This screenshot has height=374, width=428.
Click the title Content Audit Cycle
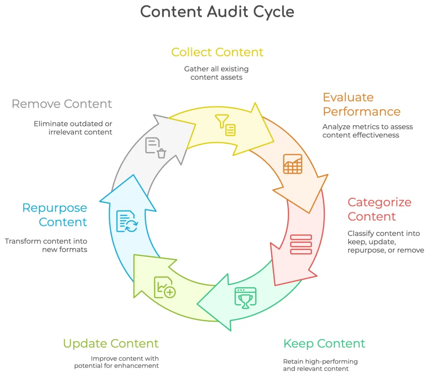[x=217, y=12]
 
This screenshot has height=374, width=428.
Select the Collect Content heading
[x=217, y=52]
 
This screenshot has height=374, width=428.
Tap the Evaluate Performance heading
[x=362, y=104]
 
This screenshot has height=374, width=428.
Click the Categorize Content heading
[x=380, y=210]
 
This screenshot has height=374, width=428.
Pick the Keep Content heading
[x=324, y=344]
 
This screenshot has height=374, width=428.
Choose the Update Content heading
[x=111, y=344]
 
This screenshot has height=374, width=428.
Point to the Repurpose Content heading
[x=55, y=215]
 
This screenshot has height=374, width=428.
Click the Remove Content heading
[x=62, y=104]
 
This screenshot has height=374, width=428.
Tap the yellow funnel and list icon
[x=225, y=125]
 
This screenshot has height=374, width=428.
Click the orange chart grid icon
[x=293, y=164]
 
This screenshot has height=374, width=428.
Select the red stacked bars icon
[x=301, y=244]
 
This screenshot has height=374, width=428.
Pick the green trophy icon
[x=245, y=298]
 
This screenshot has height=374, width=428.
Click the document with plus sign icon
[x=165, y=287]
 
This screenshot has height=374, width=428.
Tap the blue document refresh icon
[x=127, y=221]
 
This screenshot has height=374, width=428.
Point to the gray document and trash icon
[x=155, y=148]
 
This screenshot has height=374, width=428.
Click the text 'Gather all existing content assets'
[x=216, y=73]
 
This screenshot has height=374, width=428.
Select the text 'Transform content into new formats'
[x=46, y=245]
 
